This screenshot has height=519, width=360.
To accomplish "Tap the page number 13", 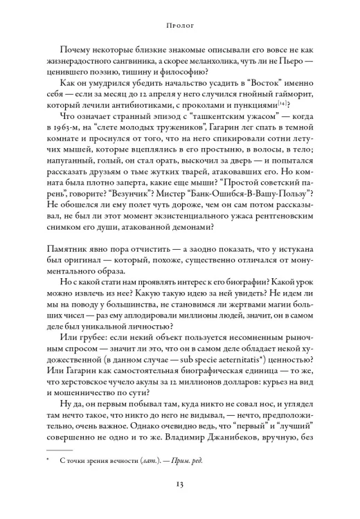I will coord(179,486).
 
